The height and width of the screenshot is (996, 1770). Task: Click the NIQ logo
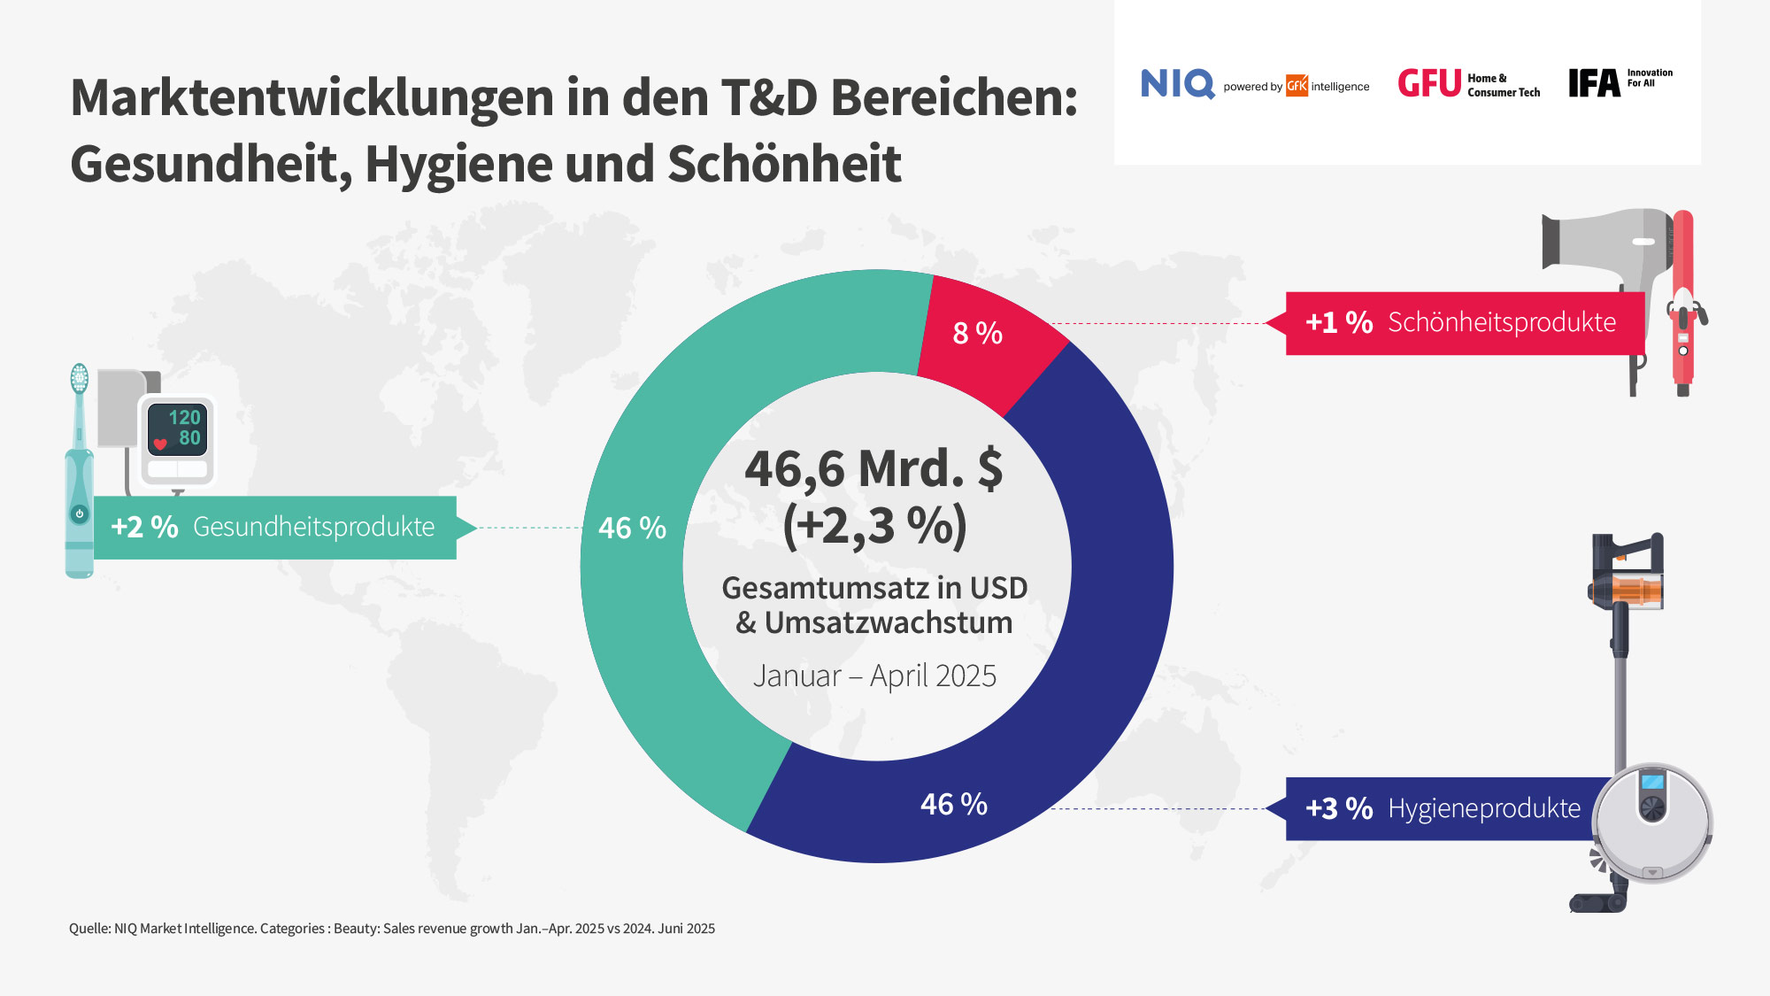1177,84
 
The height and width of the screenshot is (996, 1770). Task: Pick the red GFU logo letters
1428,84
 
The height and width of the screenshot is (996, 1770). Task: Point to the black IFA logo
1594,83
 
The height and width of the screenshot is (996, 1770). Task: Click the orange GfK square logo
1297,86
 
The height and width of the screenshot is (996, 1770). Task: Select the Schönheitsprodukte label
1501,322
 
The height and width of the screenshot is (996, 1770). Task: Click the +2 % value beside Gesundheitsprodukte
144,528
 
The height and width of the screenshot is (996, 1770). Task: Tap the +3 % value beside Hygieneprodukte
1339,808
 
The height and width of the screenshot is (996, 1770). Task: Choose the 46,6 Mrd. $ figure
873,468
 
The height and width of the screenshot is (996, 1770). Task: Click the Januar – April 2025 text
874,676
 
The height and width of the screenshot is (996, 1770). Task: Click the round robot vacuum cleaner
1651,823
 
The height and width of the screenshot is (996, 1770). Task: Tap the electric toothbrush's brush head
80,378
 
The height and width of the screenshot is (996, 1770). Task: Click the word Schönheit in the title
784,165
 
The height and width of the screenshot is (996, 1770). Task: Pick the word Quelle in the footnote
88,929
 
